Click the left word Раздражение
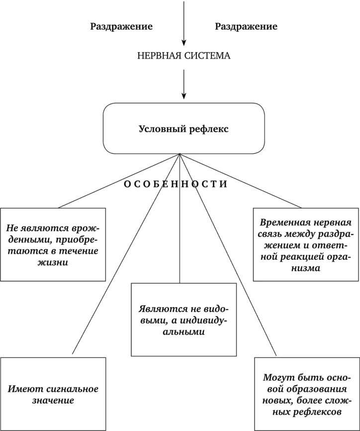(121, 26)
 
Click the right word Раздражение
(246, 26)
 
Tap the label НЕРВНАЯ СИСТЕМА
(183, 56)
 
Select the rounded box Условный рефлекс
(183, 128)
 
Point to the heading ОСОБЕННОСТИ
(175, 184)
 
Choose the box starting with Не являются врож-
(53, 245)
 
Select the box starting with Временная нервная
(305, 245)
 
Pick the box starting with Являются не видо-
(183, 320)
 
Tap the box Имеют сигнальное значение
(53, 394)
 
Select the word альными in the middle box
(184, 332)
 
